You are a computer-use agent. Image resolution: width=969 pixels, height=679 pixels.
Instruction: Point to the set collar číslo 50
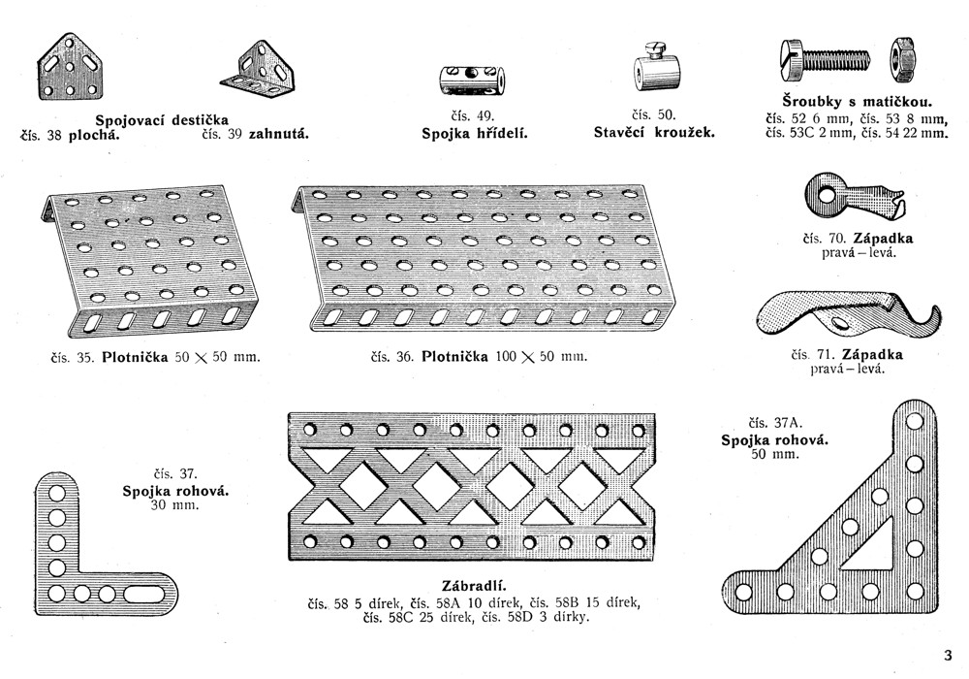[655, 67]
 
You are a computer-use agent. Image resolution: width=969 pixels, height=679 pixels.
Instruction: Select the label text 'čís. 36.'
[393, 357]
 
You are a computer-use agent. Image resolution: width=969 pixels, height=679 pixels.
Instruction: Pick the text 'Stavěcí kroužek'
[654, 132]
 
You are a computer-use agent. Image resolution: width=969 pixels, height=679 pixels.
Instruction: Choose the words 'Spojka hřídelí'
[473, 133]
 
